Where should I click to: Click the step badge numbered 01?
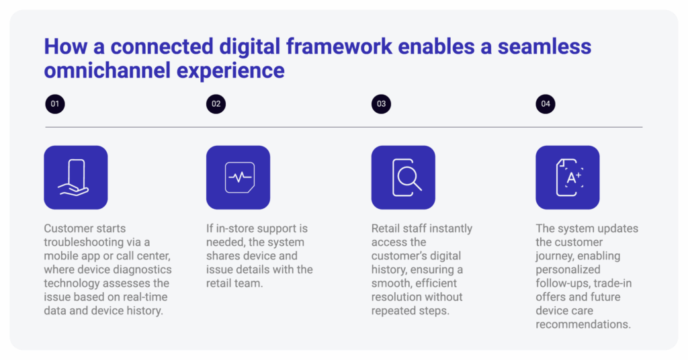tap(55, 104)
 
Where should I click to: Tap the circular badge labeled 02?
tap(216, 104)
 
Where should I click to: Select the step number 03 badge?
tap(382, 104)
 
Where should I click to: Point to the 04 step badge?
tap(546, 104)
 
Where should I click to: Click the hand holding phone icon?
tap(75, 177)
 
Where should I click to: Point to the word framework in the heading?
tap(339, 46)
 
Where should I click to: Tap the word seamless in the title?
tap(544, 46)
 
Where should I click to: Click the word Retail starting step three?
tap(385, 228)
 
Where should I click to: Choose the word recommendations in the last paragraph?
tap(583, 324)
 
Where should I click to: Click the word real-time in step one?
tap(145, 297)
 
